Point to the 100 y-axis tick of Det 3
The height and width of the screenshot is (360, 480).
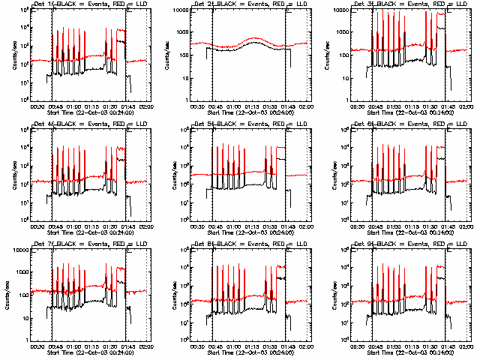344,55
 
